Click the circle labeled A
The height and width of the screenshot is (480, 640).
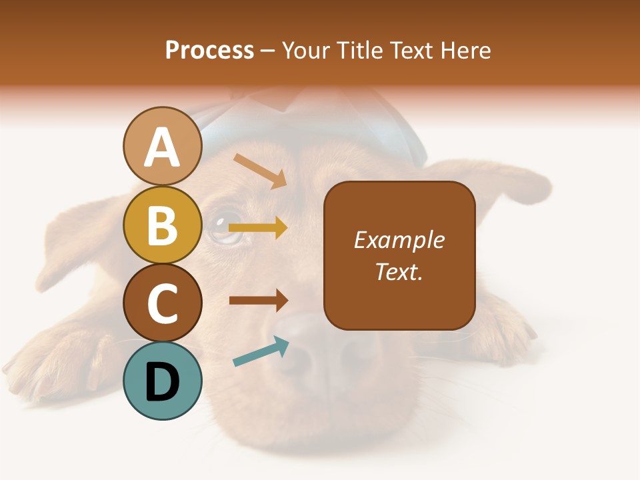(162, 147)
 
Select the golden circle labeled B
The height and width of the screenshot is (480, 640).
(162, 225)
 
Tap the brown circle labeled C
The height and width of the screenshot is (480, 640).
(162, 303)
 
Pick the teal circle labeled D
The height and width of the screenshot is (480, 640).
(162, 381)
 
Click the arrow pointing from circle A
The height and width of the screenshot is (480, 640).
(261, 171)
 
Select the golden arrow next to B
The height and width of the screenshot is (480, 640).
(258, 228)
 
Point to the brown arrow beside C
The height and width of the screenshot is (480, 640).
(258, 300)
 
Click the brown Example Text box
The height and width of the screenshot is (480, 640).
(399, 256)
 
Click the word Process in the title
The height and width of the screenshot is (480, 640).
(209, 50)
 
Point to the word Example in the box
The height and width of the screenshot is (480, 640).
(399, 240)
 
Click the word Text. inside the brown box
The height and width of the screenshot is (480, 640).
(399, 272)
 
